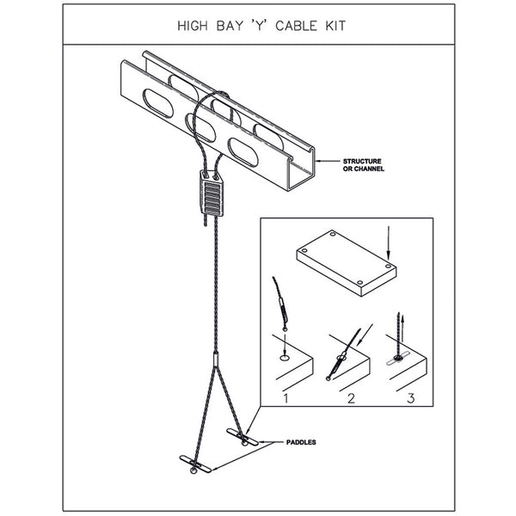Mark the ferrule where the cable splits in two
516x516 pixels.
(x=212, y=354)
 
